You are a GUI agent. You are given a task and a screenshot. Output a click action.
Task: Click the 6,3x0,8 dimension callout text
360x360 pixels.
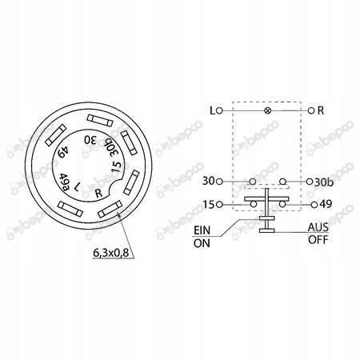(x=110, y=252)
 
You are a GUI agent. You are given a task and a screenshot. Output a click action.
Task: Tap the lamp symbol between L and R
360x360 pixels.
(x=267, y=110)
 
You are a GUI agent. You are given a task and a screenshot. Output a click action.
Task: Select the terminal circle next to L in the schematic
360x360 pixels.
(x=219, y=110)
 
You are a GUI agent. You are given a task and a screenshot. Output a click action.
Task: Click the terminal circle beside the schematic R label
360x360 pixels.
(x=311, y=110)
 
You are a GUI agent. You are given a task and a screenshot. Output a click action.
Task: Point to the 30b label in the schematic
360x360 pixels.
(x=324, y=182)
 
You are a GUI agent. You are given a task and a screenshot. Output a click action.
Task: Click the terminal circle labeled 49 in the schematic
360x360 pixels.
(x=314, y=205)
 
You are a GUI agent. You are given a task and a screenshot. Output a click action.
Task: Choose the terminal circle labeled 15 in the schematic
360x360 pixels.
(x=219, y=205)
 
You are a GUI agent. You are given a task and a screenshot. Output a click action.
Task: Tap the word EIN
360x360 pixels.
(x=202, y=230)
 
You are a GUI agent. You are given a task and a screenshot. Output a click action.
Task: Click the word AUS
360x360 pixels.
(x=318, y=227)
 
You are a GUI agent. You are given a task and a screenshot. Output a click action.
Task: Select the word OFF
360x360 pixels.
(x=318, y=240)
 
